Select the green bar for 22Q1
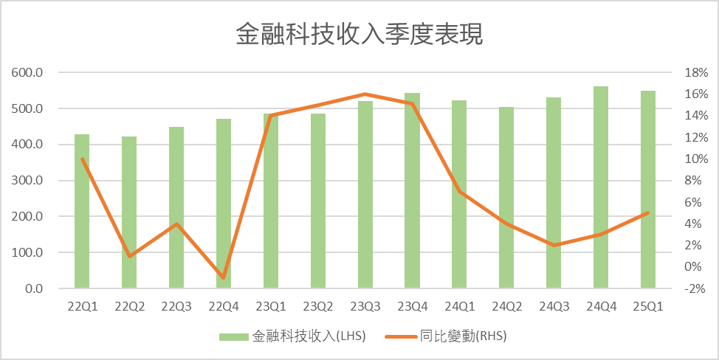pyautogui.click(x=82, y=214)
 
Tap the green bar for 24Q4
pyautogui.click(x=601, y=188)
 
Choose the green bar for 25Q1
pyautogui.click(x=648, y=190)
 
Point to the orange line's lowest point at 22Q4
pyautogui.click(x=224, y=277)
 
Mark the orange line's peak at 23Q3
pyautogui.click(x=365, y=94)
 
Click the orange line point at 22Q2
pyautogui.click(x=129, y=256)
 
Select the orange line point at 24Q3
pyautogui.click(x=554, y=245)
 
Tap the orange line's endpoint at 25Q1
pyautogui.click(x=648, y=212)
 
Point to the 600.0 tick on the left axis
pyautogui.click(x=28, y=73)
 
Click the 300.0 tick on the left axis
pyautogui.click(x=28, y=181)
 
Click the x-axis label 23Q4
pyautogui.click(x=412, y=307)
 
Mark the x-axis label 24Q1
pyautogui.click(x=459, y=307)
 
